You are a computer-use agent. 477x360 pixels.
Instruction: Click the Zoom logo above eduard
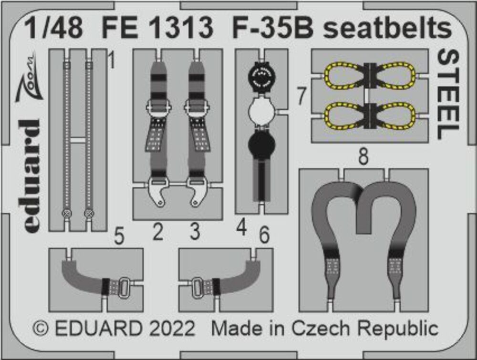coord(27,78)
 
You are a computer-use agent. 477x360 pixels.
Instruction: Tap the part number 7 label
coord(301,96)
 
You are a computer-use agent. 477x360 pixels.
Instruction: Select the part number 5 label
coord(119,236)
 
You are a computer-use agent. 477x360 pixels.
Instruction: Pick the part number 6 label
coord(264,235)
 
